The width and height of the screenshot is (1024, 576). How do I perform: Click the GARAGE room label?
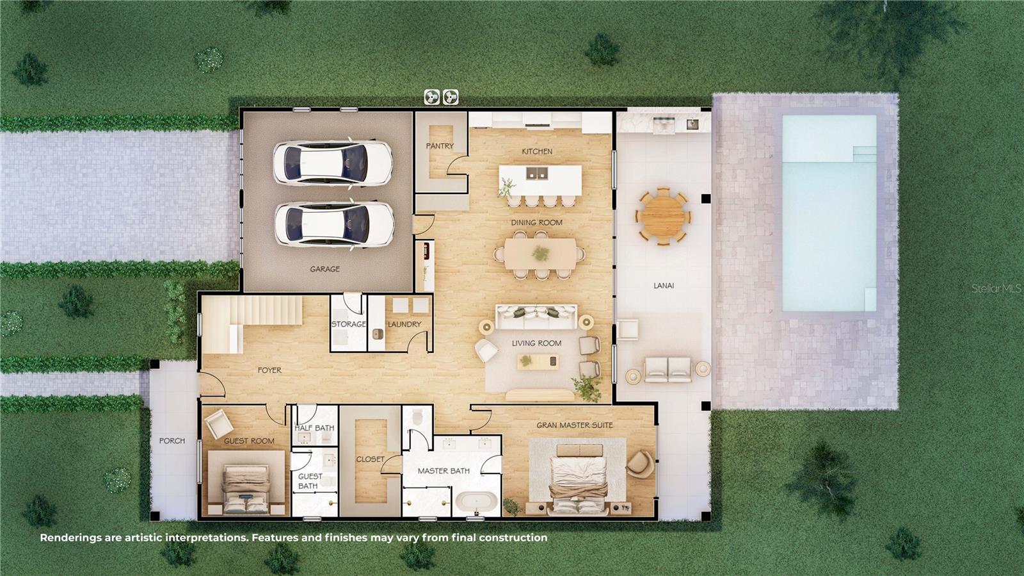(324, 269)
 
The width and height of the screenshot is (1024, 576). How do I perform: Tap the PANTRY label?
(440, 146)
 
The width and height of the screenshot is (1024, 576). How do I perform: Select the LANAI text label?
(664, 286)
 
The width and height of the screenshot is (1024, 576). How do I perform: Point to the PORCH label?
(172, 441)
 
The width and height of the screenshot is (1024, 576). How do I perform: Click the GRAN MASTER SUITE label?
(575, 425)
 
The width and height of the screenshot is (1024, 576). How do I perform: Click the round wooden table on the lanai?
(663, 215)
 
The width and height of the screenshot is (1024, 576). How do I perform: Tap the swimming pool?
(829, 213)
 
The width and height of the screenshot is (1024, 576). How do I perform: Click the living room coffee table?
(538, 362)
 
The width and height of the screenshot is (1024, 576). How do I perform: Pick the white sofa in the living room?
(536, 315)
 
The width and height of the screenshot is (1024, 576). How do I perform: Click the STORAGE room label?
(349, 324)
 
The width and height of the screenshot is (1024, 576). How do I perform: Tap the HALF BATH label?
(314, 428)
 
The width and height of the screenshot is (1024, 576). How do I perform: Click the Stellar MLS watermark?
(996, 289)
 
